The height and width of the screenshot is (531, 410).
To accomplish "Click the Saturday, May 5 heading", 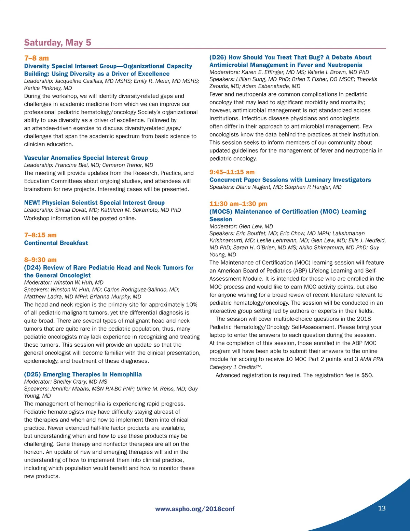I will tap(57, 43).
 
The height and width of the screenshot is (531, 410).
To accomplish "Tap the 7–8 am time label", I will tap(37, 58).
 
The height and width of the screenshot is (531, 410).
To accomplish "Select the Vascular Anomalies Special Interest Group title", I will tap(86, 158).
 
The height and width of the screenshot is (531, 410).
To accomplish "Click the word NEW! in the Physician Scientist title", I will tap(32, 203).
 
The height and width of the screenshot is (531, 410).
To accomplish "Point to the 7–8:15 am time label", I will tap(40, 235).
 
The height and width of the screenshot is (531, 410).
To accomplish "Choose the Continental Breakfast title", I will tap(56, 243).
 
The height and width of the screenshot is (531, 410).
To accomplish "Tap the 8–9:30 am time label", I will tap(40, 260).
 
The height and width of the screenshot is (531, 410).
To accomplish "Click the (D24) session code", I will tap(32, 267).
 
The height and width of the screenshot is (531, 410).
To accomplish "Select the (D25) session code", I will tap(32, 374).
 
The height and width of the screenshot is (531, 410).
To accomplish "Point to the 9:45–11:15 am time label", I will tap(232, 172).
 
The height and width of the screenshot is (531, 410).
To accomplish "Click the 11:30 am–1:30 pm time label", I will tap(238, 204).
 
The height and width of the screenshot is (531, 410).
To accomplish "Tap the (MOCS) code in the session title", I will tap(221, 212).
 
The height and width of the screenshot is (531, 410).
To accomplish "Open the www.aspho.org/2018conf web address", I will tap(195, 509).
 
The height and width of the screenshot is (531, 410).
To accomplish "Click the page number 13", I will tap(382, 508).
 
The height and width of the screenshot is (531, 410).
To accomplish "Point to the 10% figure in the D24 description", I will tap(191, 305).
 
